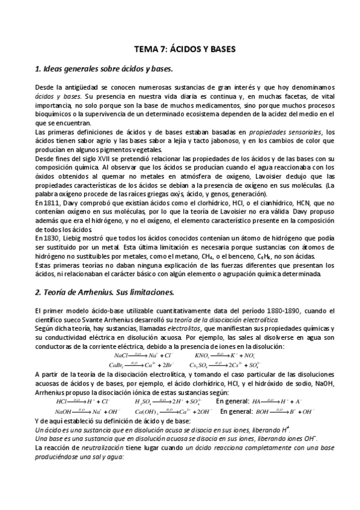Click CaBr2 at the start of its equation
(x=116, y=365)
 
